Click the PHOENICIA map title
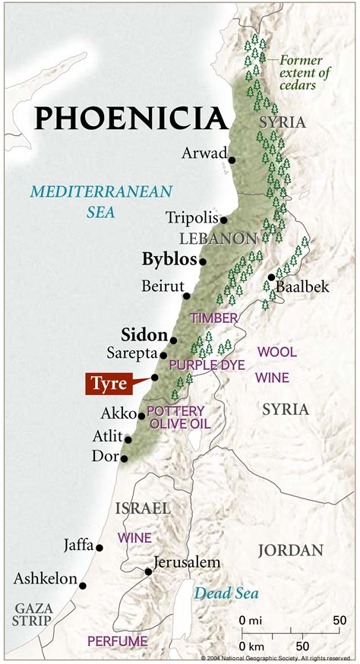(131, 119)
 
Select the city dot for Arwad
(232, 160)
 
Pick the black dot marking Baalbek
(271, 277)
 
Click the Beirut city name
(163, 286)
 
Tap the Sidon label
(143, 334)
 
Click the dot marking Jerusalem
(147, 571)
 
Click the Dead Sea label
(226, 593)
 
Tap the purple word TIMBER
(214, 318)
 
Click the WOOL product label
(277, 353)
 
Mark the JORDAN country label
(290, 550)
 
